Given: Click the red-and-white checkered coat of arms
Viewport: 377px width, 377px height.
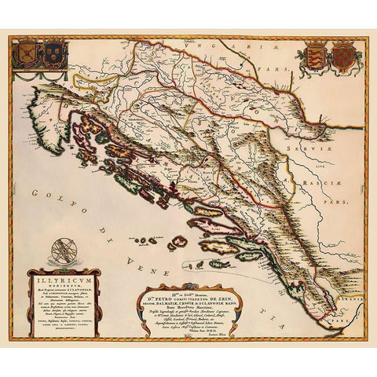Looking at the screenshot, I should [x=344, y=57].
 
